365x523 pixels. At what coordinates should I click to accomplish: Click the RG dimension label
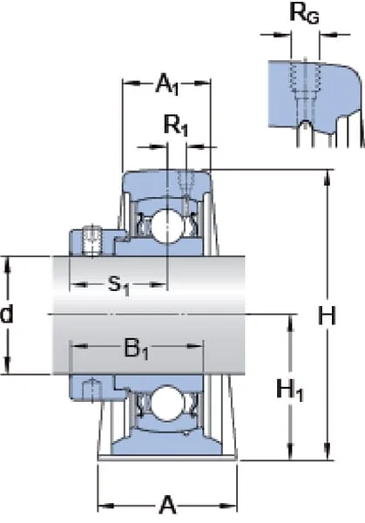tap(304, 14)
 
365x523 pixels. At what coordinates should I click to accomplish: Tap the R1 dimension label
tap(176, 126)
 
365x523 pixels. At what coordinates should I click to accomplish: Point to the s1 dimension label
tap(118, 286)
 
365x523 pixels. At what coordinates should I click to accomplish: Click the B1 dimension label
tap(136, 348)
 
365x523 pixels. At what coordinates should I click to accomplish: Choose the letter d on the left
tap(7, 314)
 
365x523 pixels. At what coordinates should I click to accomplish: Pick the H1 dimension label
tap(290, 390)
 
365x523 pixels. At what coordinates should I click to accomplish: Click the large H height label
tap(327, 316)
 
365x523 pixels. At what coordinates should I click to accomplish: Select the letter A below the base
tap(167, 505)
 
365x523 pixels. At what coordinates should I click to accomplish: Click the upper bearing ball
tap(167, 225)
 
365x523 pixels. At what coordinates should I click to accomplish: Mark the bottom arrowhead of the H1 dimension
tap(291, 452)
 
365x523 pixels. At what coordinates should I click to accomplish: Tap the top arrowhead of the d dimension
tap(8, 264)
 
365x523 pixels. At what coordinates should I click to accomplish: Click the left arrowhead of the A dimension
tap(105, 506)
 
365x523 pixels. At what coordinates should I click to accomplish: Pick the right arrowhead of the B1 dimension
tap(195, 346)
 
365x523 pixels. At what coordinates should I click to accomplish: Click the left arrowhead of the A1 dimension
tap(131, 84)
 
